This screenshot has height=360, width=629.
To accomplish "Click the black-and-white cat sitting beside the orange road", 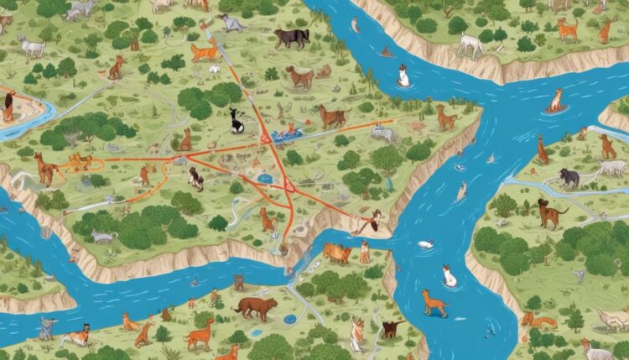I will point(237,121).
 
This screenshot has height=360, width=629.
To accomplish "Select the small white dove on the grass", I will point(216,67).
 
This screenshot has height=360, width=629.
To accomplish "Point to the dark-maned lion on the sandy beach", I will point(8,106).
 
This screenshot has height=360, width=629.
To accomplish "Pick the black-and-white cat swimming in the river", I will point(403,76).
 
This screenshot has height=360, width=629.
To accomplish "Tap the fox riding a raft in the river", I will point(555,101).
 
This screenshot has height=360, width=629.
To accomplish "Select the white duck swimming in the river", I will point(426,244).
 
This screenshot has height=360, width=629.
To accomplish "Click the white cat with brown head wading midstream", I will point(450,275).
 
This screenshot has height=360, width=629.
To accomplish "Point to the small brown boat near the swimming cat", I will point(387,52).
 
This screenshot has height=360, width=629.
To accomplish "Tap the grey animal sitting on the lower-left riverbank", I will point(44,326).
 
